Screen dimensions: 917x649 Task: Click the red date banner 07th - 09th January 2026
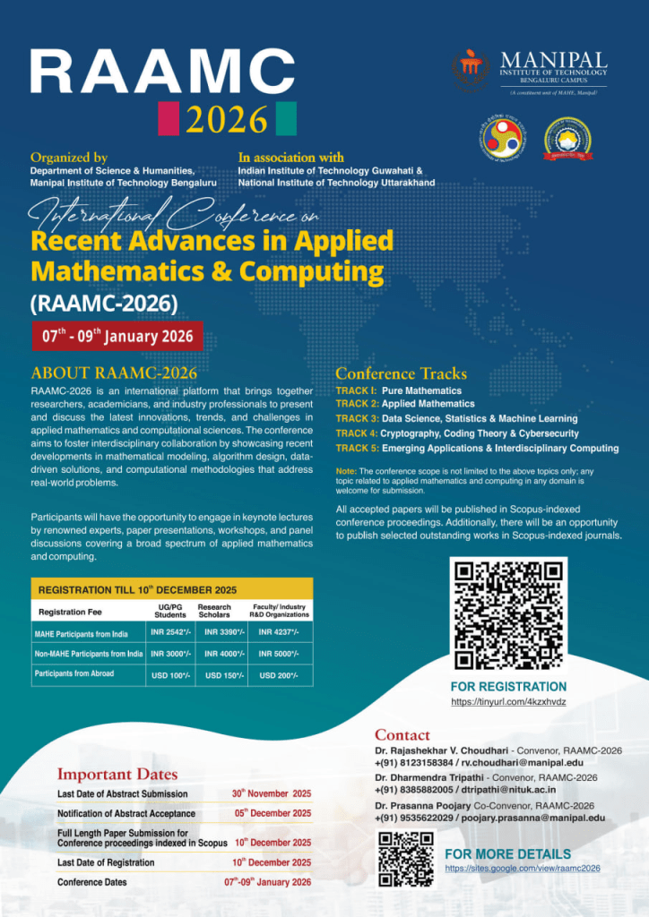point(117,336)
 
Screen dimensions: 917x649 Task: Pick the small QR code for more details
point(406,858)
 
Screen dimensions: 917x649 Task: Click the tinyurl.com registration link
point(508,702)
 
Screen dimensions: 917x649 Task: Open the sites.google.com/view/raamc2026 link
point(523,868)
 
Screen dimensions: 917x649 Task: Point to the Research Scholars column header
point(214,611)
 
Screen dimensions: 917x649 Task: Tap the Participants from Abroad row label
point(74,673)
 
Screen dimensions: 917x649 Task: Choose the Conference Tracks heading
point(401,373)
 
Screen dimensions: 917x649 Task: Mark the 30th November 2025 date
point(272,793)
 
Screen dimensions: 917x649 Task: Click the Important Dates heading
point(117,774)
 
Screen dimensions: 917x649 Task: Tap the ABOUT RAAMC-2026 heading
point(114,373)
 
